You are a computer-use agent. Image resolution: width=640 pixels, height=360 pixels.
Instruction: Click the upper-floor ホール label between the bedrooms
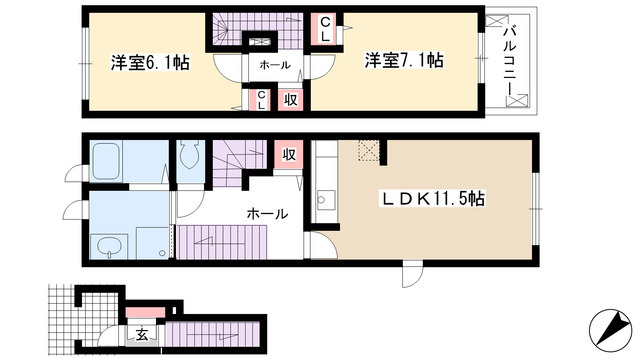click(275, 65)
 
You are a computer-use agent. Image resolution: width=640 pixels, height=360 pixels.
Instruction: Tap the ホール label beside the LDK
click(267, 213)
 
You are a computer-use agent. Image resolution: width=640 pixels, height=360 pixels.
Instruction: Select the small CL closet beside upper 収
click(261, 99)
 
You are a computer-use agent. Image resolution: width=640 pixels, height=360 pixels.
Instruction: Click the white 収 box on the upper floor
click(290, 99)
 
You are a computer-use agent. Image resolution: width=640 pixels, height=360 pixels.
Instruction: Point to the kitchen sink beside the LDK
click(325, 197)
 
